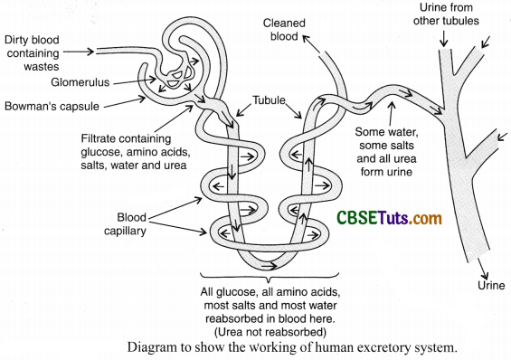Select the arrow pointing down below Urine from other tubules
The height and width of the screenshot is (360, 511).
443,42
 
